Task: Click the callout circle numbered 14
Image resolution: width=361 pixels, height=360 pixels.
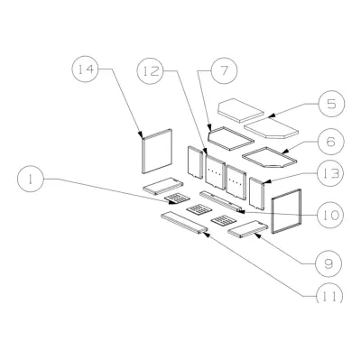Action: (x=85, y=69)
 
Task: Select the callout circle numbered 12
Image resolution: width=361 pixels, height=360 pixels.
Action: (x=150, y=71)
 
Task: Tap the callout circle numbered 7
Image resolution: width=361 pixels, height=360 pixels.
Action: (x=224, y=70)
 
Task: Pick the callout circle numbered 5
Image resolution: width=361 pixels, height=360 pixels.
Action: (x=331, y=104)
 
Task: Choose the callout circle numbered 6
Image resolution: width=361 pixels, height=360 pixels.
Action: (x=331, y=141)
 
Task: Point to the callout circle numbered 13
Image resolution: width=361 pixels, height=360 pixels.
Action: (x=330, y=173)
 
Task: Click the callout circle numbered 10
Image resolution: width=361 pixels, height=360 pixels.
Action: (x=330, y=215)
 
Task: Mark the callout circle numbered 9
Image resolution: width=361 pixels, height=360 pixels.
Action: (x=329, y=263)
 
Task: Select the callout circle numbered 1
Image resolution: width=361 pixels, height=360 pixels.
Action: (x=31, y=179)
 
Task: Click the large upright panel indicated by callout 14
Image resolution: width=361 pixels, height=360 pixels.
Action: (x=157, y=152)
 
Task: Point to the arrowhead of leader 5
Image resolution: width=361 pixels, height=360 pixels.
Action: (x=270, y=115)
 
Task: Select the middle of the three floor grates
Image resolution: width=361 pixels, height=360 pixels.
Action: (x=199, y=209)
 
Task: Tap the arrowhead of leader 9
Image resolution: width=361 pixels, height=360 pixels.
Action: (x=256, y=235)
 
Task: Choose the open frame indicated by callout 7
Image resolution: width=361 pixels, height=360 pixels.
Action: (x=231, y=138)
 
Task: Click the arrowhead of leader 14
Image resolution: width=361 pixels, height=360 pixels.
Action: (x=141, y=134)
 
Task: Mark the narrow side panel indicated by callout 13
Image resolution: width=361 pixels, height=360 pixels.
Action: (x=257, y=193)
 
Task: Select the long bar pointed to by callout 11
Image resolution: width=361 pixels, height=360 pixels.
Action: (x=184, y=224)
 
